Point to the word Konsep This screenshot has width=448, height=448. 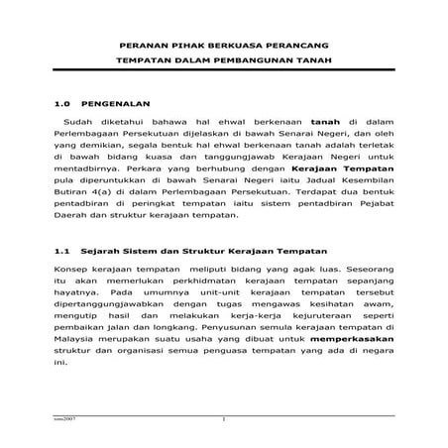pyautogui.click(x=70, y=271)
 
